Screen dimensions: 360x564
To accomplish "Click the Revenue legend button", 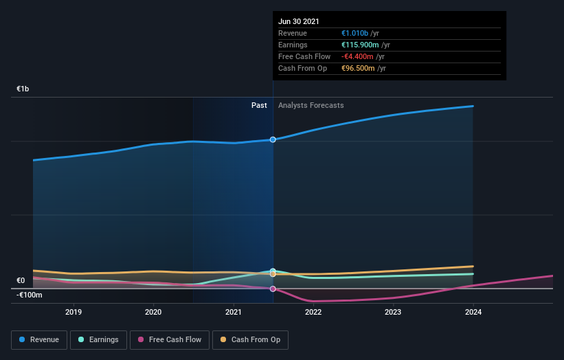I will (x=40, y=339).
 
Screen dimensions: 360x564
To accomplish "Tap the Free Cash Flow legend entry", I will (x=169, y=339).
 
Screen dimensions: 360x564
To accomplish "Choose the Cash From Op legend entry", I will (x=250, y=339).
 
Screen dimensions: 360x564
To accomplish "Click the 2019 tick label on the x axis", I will (x=74, y=312).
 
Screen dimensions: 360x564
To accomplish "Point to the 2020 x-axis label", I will (x=153, y=312).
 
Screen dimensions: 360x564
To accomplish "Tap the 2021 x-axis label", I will (x=234, y=312).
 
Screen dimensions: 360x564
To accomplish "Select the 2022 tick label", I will (x=313, y=312).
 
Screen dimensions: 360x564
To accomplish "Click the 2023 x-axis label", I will (x=393, y=312).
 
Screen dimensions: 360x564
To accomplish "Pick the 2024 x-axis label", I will (x=473, y=312).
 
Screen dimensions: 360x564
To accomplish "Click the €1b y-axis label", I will (x=23, y=89).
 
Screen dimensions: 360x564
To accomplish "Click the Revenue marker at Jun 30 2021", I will (x=273, y=139).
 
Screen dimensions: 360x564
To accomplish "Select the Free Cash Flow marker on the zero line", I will (x=273, y=289).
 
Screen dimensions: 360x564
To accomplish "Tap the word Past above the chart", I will (x=259, y=106).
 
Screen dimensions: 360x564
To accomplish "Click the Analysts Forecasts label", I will (x=311, y=106).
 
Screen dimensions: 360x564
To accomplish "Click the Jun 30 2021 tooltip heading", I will (x=299, y=22).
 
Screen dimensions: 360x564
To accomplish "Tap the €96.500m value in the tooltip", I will (x=358, y=68).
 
